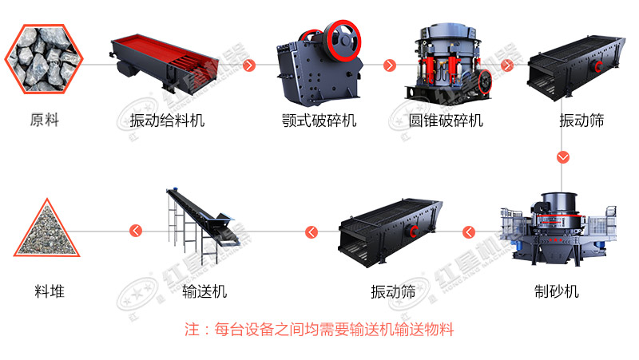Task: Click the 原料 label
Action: tap(45, 121)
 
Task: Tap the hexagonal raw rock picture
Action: tap(44, 59)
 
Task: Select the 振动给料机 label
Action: tap(167, 121)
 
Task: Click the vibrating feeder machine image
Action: tap(165, 62)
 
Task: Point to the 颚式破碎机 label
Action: tap(319, 121)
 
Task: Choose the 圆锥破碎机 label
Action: tap(446, 121)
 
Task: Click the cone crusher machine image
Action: tap(448, 63)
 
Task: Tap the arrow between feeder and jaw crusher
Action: tap(249, 65)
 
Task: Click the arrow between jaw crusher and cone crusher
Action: tap(390, 65)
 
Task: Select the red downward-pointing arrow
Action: tap(563, 157)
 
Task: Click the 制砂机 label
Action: tap(557, 291)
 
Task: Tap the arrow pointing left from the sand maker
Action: tap(469, 232)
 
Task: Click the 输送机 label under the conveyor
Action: tap(204, 291)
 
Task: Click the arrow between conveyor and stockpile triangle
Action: tap(136, 231)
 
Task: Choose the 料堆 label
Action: tap(50, 291)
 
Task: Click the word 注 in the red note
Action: tap(192, 329)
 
